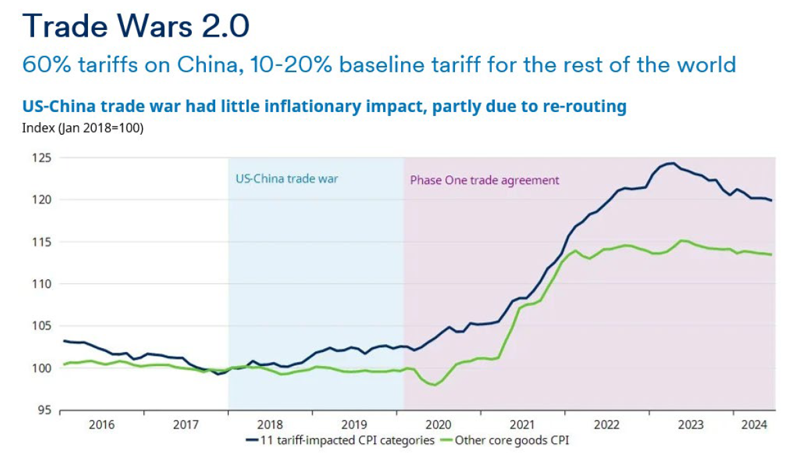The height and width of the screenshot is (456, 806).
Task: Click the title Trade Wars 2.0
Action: pos(137,26)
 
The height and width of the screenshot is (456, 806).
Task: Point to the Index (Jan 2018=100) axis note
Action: pos(83,128)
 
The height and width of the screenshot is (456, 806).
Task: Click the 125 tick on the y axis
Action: pos(41,158)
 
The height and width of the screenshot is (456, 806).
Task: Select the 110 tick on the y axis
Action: pos(41,284)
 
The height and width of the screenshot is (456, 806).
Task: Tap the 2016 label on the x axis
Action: pos(101,424)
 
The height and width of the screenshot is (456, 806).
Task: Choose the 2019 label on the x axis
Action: pos(354,424)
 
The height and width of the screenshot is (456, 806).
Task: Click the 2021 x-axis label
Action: pos(522,424)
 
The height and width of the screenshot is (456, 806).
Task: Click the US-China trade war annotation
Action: pos(286,179)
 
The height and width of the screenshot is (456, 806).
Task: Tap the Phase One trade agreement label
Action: pos(484,180)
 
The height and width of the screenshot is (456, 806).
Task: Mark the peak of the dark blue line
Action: pos(673,163)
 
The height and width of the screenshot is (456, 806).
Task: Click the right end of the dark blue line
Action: pos(772,200)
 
